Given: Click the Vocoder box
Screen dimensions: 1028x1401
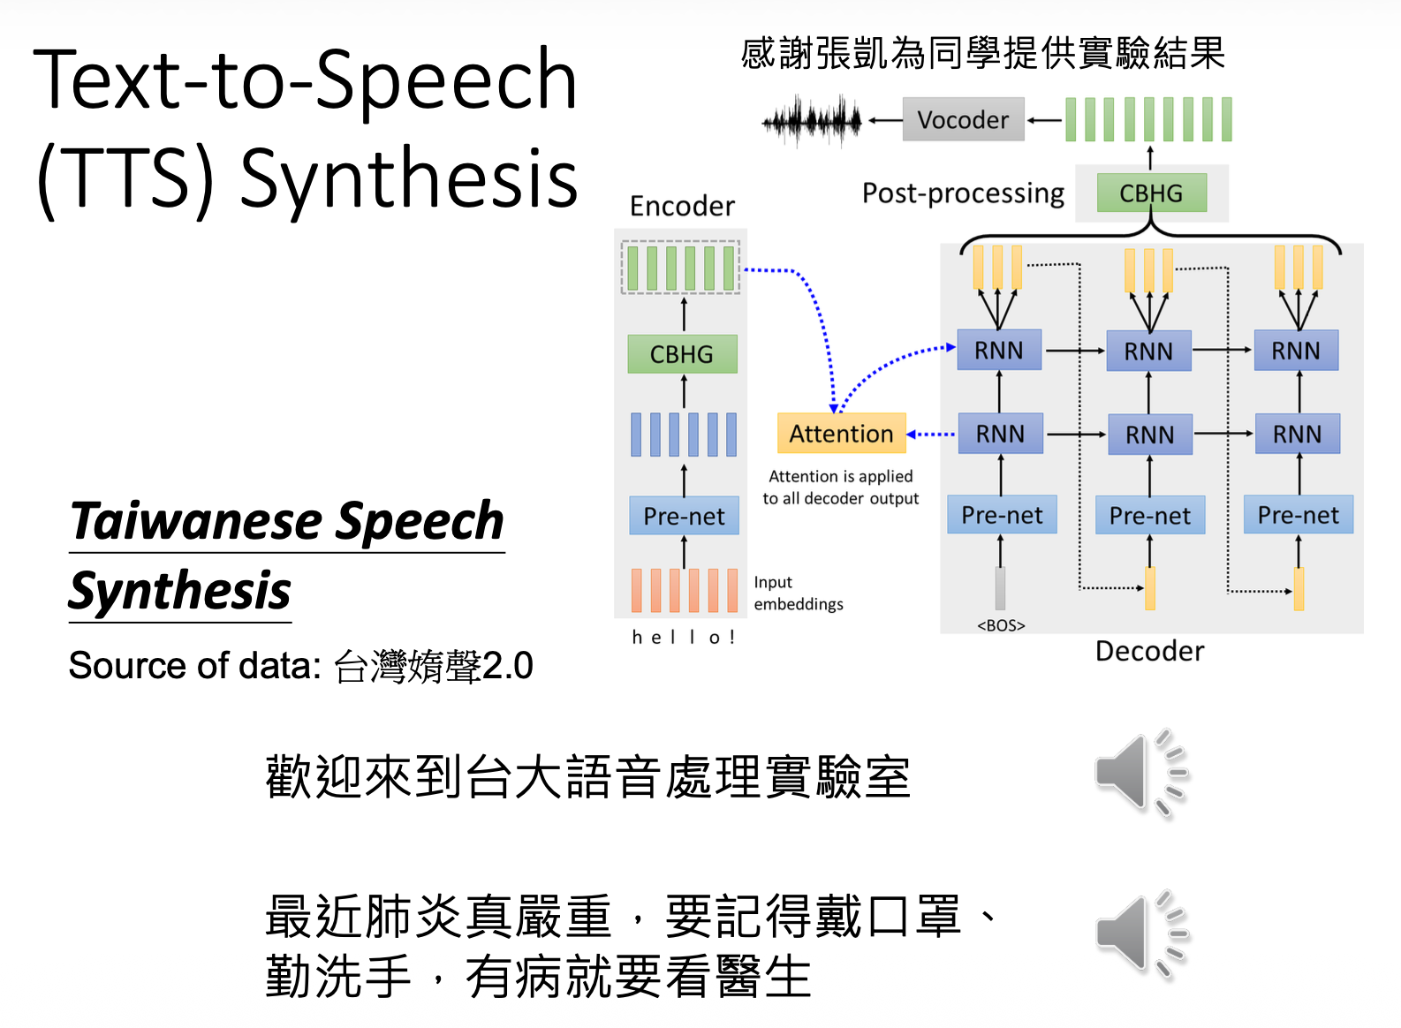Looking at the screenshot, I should [x=963, y=119].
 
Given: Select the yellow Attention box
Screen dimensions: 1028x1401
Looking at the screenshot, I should [x=841, y=434].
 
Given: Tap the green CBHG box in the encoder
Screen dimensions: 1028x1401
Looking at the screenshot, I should [x=682, y=354].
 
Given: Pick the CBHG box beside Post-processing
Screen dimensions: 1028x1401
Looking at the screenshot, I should [x=1151, y=193].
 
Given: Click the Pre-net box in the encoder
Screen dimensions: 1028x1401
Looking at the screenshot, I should [x=684, y=516].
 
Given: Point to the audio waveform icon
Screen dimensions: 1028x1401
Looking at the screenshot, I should [x=812, y=121].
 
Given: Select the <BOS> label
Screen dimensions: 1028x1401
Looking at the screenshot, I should [x=1001, y=625].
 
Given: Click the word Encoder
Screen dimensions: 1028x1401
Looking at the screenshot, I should [x=682, y=207].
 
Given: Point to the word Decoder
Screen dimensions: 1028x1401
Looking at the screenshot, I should [x=1149, y=652].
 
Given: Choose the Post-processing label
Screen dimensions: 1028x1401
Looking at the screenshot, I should [x=963, y=193].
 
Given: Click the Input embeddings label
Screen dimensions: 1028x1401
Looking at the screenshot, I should [x=798, y=593].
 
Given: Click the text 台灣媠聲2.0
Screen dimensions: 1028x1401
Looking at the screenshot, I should [x=433, y=666].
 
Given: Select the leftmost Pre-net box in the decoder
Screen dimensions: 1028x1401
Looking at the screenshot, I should [x=1002, y=515].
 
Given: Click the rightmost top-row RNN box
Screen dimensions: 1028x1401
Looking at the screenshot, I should [x=1296, y=351].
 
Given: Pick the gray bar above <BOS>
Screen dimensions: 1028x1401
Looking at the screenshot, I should [x=1000, y=588].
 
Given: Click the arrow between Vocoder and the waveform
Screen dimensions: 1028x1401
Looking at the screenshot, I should [x=884, y=120].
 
